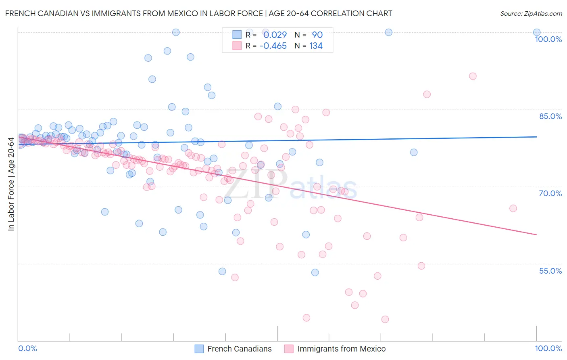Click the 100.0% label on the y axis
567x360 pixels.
click(x=548, y=39)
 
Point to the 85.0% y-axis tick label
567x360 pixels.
click(x=550, y=116)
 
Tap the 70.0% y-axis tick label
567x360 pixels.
click(x=550, y=193)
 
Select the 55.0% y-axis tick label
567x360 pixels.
click(x=550, y=271)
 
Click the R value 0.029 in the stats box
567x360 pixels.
click(x=275, y=35)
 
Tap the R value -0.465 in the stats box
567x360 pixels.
click(x=273, y=46)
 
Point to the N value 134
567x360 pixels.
click(x=316, y=46)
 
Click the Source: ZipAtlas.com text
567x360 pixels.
click(x=531, y=14)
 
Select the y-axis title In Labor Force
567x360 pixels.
click(x=11, y=184)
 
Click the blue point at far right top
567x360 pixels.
click(x=537, y=32)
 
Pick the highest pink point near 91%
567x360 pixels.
click(x=473, y=76)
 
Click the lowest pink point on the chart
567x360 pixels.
click(x=385, y=319)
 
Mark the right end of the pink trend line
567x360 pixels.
click(x=537, y=234)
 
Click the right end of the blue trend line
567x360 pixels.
click(x=537, y=137)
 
